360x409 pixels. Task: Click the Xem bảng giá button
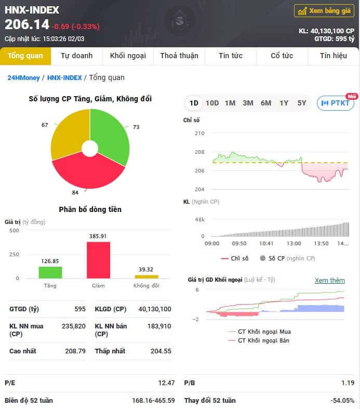[324, 11]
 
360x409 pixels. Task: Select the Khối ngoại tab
[128, 56]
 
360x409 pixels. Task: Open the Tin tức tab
[231, 56]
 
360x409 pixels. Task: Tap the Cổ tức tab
[282, 56]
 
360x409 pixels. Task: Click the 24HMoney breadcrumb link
[23, 78]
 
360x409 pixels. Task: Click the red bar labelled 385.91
[98, 260]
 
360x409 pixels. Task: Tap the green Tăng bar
[50, 272]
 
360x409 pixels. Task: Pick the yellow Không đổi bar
[146, 276]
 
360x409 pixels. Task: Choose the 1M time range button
[230, 103]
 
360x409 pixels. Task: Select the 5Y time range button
[302, 103]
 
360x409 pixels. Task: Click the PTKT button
[336, 103]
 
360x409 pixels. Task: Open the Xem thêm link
[329, 281]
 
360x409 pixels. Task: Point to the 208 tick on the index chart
[199, 152]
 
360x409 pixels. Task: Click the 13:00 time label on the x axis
[294, 243]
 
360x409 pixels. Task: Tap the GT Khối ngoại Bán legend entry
[263, 340]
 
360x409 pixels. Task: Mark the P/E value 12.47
[166, 382]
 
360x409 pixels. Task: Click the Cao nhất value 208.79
[75, 351]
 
